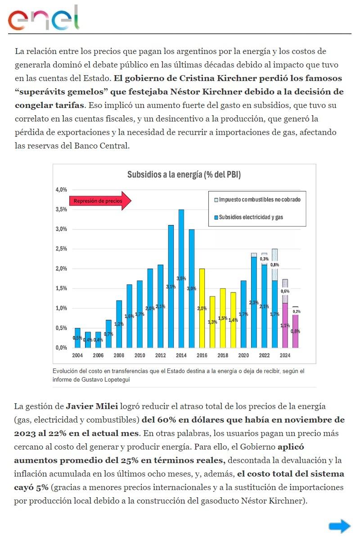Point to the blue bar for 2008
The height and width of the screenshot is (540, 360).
(x=119, y=324)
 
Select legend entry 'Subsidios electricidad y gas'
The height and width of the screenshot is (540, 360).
(x=251, y=217)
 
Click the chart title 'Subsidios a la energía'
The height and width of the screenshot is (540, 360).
(x=184, y=175)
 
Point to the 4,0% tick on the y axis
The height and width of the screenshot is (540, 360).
(x=61, y=189)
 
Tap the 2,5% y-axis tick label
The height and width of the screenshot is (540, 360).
(x=61, y=249)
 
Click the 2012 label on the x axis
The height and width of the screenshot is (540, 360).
(x=161, y=355)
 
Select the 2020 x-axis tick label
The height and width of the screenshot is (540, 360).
(x=243, y=355)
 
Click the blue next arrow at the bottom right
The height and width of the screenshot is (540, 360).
(x=339, y=526)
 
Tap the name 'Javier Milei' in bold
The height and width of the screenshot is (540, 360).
(x=92, y=407)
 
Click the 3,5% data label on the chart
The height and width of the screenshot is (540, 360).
(x=181, y=279)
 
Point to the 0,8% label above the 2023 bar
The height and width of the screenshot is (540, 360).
(x=274, y=265)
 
